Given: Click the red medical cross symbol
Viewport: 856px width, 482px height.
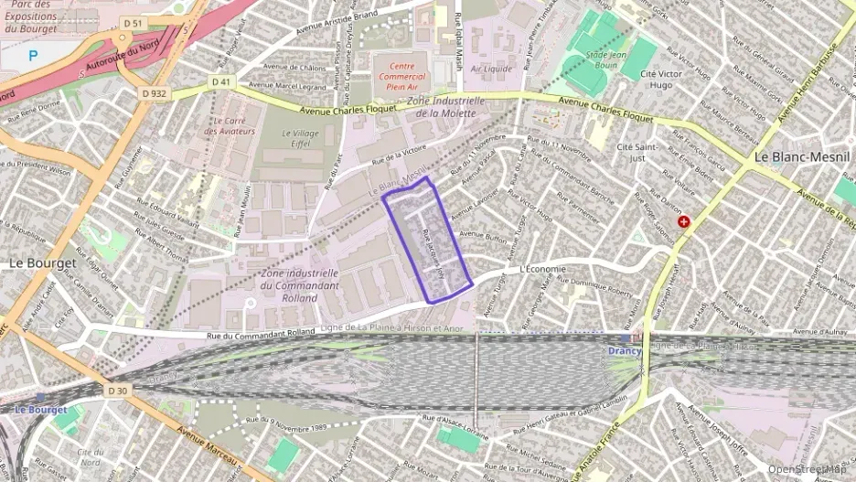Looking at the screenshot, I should coord(682,222).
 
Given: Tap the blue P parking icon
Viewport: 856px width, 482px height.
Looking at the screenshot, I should coord(34,56).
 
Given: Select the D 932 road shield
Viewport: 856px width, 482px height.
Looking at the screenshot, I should coord(155,92).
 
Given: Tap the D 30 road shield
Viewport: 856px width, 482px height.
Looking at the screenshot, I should coord(115,391).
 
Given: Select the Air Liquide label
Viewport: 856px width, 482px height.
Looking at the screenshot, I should coord(491,69).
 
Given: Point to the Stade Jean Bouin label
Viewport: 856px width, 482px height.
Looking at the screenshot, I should coord(603,60).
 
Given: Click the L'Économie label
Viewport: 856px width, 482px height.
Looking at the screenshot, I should coord(543,269).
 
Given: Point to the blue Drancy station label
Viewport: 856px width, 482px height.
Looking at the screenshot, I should coord(625,351).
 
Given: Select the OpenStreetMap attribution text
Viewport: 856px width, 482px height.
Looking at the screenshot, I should coord(807,469).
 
